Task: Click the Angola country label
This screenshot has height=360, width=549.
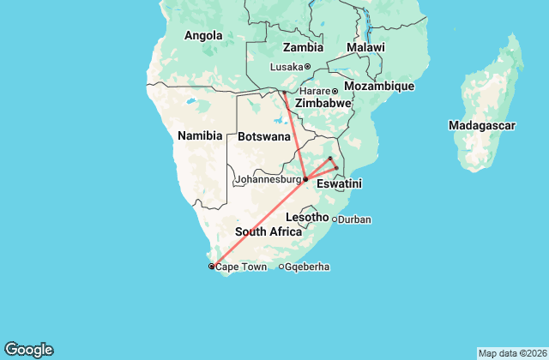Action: pos(203,36)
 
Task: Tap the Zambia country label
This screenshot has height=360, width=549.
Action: pos(303,47)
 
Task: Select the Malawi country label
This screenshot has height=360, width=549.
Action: pos(365,47)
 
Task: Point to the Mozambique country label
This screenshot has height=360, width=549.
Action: pos(379,87)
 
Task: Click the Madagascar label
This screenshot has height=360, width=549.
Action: pos(481,126)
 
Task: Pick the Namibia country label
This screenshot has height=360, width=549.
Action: pos(200,135)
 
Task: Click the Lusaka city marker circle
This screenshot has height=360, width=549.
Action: pos(308,67)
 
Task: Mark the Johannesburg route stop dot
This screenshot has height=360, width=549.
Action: pos(305,179)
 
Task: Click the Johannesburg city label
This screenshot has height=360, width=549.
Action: pos(267,180)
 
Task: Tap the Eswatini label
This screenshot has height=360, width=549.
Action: pos(339,184)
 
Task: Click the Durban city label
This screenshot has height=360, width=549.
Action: pos(354,219)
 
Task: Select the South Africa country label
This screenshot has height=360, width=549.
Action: pos(268,231)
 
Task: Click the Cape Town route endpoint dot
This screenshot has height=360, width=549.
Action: pos(212,267)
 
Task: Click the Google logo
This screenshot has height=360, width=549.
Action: pos(28,349)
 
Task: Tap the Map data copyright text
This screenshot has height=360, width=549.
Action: pos(511,353)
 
